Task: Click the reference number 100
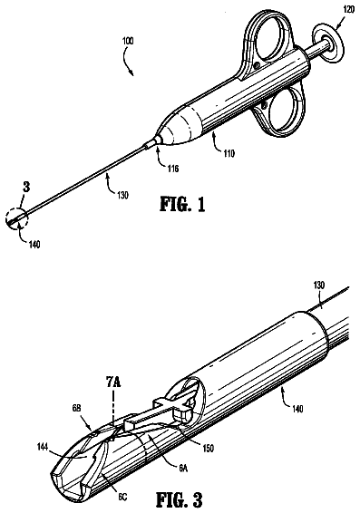(128, 42)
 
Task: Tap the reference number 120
(348, 9)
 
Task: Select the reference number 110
(229, 153)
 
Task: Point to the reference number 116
(173, 169)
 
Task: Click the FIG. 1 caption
(182, 204)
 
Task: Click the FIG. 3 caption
(180, 499)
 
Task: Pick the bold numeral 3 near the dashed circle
(26, 187)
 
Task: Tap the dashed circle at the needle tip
(16, 218)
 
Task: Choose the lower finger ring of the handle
(281, 110)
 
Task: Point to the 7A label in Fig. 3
(113, 382)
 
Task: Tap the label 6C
(122, 497)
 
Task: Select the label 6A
(183, 469)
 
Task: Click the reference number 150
(208, 448)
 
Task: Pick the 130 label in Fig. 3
(319, 285)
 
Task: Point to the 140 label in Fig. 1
(34, 244)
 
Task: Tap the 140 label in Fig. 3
(297, 409)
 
